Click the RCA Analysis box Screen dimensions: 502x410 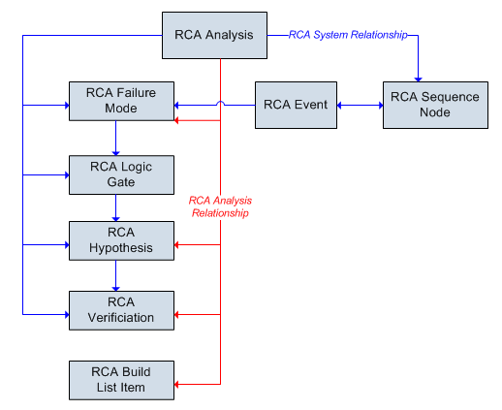pos(214,35)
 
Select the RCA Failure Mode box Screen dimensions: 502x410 pos(121,101)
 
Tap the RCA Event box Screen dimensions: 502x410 pos(296,105)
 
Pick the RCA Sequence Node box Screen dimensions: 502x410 pos(435,105)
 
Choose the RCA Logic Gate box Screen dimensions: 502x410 pos(121,174)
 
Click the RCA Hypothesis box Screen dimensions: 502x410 pos(121,240)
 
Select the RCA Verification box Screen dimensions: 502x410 pos(121,310)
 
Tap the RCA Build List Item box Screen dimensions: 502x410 pos(121,380)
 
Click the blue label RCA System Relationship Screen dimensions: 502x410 pos(348,35)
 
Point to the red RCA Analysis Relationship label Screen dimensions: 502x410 pos(220,206)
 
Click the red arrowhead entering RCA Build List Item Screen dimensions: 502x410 pos(176,384)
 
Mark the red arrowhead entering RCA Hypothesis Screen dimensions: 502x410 pos(176,244)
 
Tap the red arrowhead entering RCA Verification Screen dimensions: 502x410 pos(176,314)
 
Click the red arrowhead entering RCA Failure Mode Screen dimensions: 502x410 pos(176,120)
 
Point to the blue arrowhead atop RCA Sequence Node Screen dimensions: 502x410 pos(419,79)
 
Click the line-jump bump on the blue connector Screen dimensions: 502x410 pos(220,103)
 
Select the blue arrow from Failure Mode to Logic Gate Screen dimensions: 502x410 pos(115,139)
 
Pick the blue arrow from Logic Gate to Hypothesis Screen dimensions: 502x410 pos(115,208)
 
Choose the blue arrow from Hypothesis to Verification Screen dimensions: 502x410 pos(115,276)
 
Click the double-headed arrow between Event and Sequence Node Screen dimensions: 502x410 pos(361,105)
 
